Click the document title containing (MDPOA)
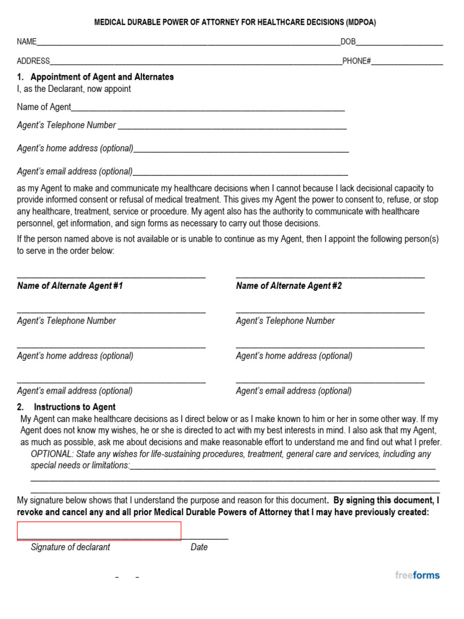pyautogui.click(x=235, y=22)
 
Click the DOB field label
pyautogui.click(x=348, y=42)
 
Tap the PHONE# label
pyautogui.click(x=356, y=61)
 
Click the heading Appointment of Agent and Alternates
pyautogui.click(x=101, y=77)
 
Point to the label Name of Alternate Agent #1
pyautogui.click(x=70, y=285)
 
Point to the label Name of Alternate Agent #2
pyautogui.click(x=289, y=285)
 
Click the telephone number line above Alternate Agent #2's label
pyautogui.click(x=330, y=311)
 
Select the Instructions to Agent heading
pyautogui.click(x=74, y=407)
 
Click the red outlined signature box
pyautogui.click(x=99, y=531)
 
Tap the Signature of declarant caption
pyautogui.click(x=70, y=547)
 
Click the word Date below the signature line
pyautogui.click(x=199, y=547)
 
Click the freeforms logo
pyautogui.click(x=417, y=575)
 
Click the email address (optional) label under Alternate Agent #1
pyautogui.click(x=75, y=391)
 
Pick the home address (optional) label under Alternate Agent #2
pyautogui.click(x=294, y=355)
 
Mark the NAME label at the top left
pyautogui.click(x=27, y=42)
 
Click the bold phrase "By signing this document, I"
pyautogui.click(x=386, y=501)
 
